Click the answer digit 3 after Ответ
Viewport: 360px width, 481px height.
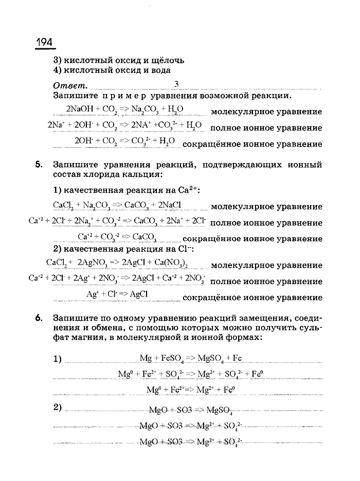click(176, 84)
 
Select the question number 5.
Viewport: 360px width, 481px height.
click(39, 165)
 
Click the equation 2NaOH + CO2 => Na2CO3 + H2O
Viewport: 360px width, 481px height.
click(125, 109)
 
